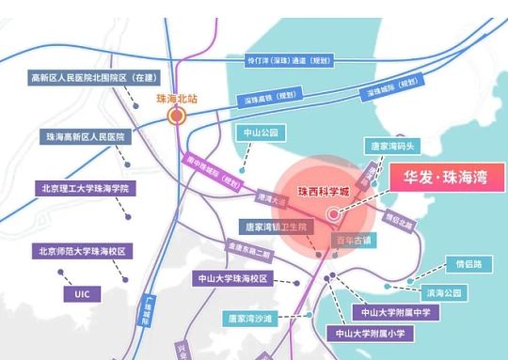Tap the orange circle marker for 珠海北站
point(176,116)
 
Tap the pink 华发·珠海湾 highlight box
point(442,177)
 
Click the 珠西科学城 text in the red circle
point(324,191)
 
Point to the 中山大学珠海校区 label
point(232,279)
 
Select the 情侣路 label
point(468,264)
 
